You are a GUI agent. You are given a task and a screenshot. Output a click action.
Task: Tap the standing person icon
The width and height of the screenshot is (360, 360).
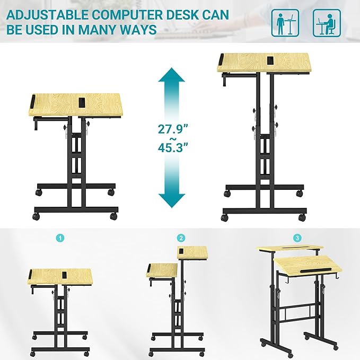pos(285,23)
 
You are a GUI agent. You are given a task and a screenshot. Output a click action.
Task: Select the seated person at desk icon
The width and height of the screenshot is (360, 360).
pos(327,23)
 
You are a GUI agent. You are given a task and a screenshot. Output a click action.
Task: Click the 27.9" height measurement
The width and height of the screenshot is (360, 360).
pos(172,129)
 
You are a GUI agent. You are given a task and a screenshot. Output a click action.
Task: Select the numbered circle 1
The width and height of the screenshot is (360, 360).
pos(61,238)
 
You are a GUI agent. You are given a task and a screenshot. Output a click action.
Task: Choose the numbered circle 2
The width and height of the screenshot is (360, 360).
pos(181,238)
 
